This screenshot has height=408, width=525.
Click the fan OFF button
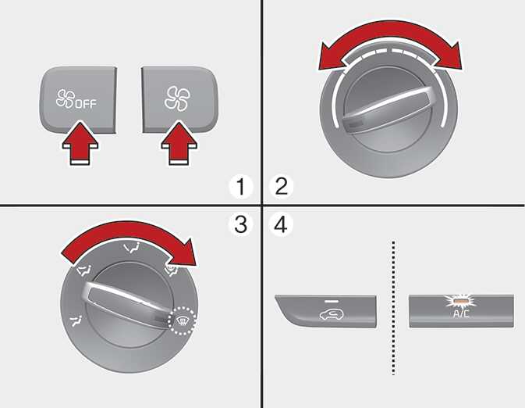[x=78, y=99]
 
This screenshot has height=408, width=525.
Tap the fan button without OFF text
[x=180, y=99]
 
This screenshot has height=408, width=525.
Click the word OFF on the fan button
[x=86, y=104]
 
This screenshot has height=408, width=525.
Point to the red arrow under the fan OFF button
[x=80, y=144]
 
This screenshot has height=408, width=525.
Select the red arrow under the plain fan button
[x=179, y=144]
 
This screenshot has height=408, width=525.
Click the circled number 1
[x=241, y=187]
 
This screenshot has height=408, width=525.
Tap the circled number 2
[x=282, y=187]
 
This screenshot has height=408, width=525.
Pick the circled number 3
[x=241, y=224]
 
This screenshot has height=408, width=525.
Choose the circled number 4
[x=281, y=224]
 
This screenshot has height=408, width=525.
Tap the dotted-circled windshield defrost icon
[x=182, y=320]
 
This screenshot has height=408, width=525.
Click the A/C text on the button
[x=461, y=314]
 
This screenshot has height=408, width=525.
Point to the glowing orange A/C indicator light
[x=461, y=301]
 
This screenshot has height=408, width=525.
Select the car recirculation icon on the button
[x=331, y=314]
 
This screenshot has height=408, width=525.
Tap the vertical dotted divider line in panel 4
[x=393, y=307]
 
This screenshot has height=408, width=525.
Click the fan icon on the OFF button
[x=65, y=98]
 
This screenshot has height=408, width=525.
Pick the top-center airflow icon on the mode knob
[x=132, y=248]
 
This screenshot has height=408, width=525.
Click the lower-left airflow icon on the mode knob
[x=76, y=320]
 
